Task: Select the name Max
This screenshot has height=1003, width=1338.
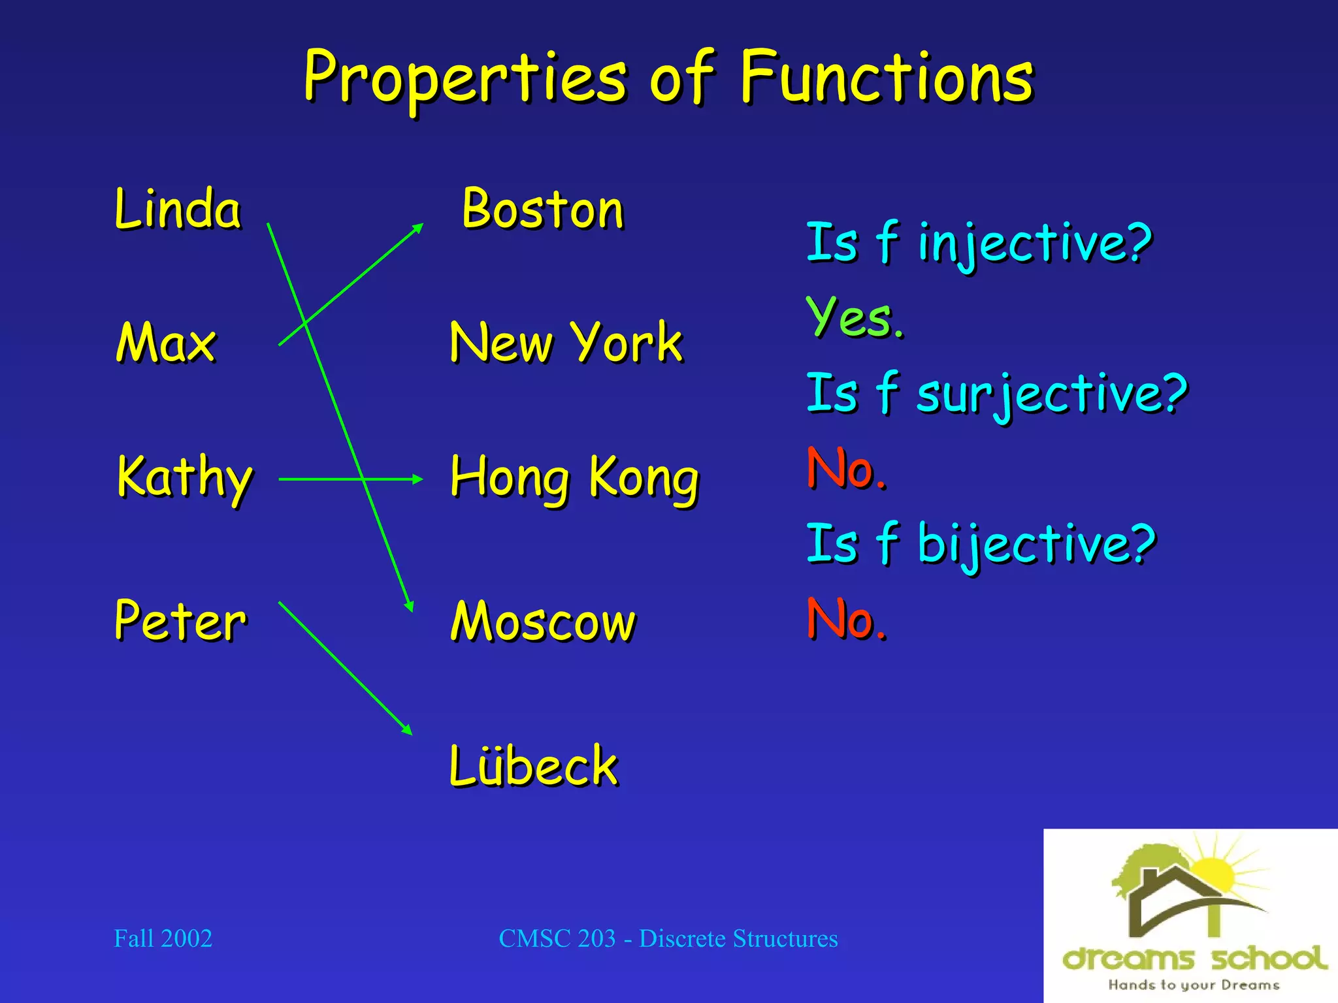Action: tap(166, 343)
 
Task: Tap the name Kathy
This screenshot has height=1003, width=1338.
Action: tap(184, 478)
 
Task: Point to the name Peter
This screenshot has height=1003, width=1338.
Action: tap(180, 620)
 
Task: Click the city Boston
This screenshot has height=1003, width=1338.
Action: tap(543, 210)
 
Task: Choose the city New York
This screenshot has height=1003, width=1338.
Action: tap(566, 343)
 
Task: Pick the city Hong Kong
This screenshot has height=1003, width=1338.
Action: tap(574, 478)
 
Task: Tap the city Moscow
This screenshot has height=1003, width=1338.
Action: tap(542, 622)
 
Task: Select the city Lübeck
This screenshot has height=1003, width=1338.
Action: tap(533, 766)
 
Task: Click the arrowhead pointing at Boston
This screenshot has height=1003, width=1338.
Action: tap(418, 228)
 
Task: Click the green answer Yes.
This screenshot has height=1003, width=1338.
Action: tap(855, 317)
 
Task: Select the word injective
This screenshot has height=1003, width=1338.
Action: tap(1034, 243)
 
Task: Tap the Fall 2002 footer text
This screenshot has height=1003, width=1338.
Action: tap(163, 938)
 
